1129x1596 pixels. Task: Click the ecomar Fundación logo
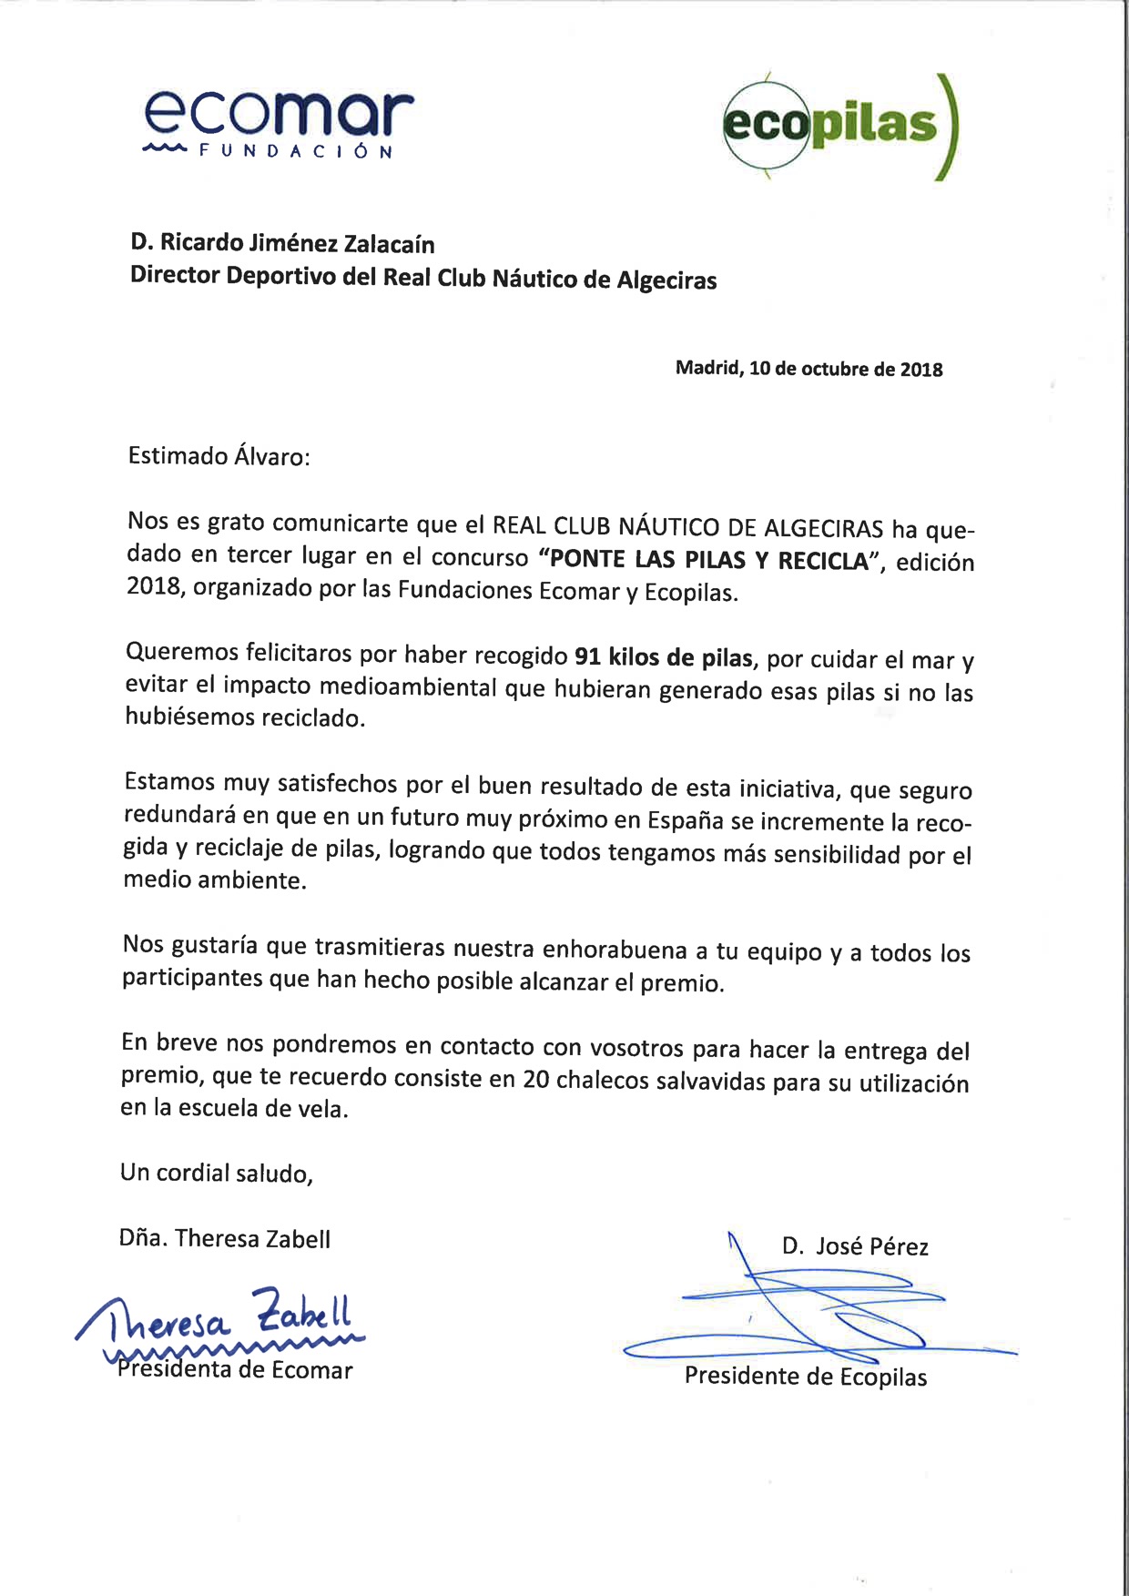point(279,123)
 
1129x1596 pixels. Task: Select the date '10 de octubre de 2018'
point(846,369)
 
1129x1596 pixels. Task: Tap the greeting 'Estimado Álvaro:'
point(219,455)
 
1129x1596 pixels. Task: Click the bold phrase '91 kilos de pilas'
point(664,657)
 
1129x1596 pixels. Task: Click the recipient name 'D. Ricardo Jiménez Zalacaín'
point(282,243)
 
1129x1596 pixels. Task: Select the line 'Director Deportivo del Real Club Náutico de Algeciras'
point(423,278)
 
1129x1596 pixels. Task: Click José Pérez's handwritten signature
point(801,1311)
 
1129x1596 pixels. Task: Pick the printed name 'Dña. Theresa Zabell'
point(225,1238)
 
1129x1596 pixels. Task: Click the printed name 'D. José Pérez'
point(855,1246)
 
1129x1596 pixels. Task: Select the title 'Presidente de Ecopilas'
point(806,1376)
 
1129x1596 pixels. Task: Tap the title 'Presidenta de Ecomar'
point(235,1370)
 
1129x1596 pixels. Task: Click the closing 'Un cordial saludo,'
point(217,1173)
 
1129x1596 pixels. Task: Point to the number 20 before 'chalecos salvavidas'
point(535,1079)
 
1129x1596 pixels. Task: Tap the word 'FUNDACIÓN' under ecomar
point(296,151)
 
